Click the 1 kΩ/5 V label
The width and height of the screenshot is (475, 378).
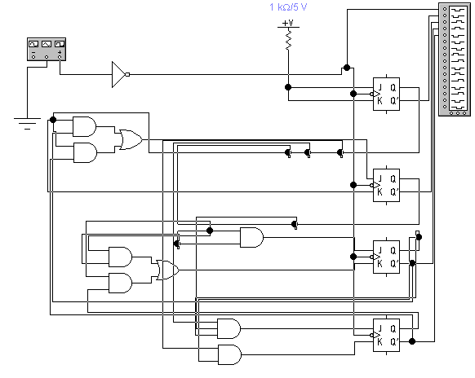click(288, 7)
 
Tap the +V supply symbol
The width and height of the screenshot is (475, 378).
click(288, 24)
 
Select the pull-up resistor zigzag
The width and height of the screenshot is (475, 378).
click(288, 39)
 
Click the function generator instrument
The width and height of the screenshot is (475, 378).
click(47, 49)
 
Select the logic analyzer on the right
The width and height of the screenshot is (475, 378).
click(455, 59)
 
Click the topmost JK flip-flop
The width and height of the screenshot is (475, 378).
click(386, 94)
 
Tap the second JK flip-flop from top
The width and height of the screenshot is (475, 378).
click(386, 185)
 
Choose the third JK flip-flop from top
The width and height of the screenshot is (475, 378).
click(386, 257)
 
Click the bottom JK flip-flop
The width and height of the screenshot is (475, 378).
click(386, 335)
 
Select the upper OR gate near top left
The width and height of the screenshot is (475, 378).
click(131, 139)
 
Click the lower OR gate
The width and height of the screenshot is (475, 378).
click(167, 270)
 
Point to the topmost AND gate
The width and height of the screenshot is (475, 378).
click(85, 126)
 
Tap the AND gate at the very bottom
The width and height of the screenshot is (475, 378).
click(229, 354)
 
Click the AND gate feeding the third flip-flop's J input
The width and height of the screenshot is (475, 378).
click(251, 237)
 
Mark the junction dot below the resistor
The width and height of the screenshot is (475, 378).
click(288, 87)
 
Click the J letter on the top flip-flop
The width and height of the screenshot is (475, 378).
click(380, 87)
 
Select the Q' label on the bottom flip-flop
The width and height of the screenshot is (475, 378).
click(393, 342)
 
